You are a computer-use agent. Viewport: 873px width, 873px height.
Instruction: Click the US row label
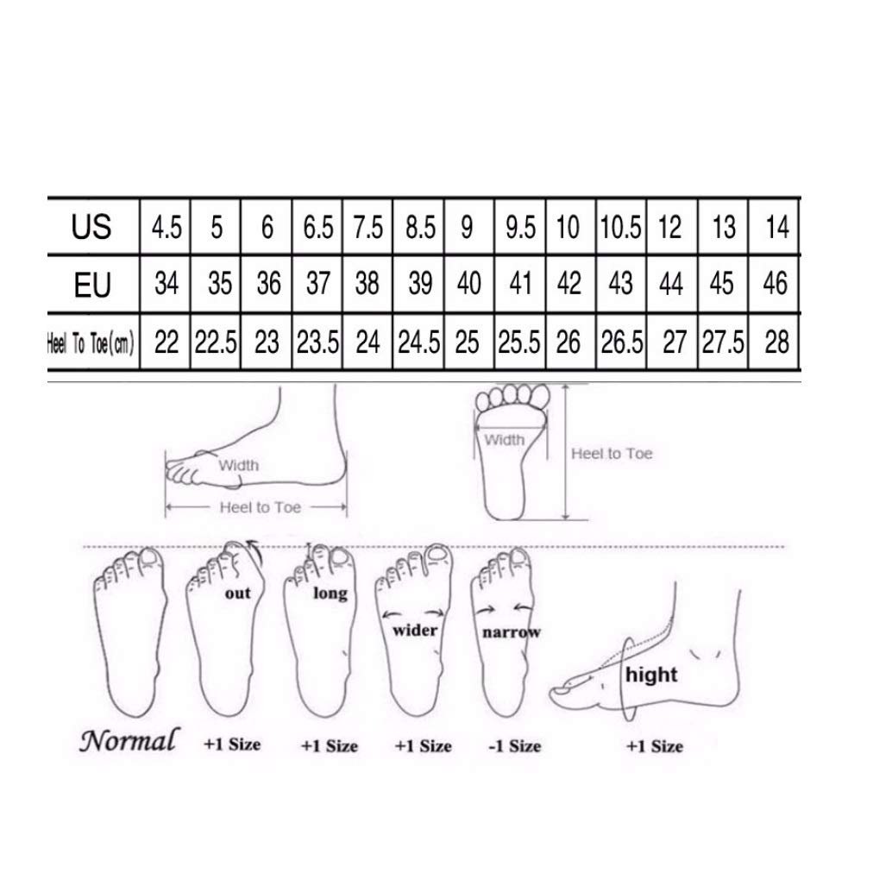[x=91, y=227]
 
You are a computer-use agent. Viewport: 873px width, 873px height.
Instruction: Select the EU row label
[x=92, y=285]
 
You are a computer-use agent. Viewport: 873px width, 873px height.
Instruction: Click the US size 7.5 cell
[x=368, y=228]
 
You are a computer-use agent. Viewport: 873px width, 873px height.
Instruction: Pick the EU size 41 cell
[x=520, y=284]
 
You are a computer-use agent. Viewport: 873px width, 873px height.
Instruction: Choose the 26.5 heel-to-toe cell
[x=622, y=342]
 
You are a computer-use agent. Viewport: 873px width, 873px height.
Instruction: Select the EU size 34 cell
[x=166, y=284]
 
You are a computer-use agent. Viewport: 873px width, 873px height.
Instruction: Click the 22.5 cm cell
[x=216, y=342]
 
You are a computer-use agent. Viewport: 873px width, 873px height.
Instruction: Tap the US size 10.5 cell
[x=621, y=228]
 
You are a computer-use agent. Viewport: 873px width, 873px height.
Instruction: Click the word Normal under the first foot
[x=129, y=741]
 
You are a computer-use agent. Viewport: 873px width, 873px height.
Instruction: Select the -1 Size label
[x=514, y=746]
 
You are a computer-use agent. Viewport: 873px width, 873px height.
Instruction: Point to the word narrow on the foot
[x=511, y=632]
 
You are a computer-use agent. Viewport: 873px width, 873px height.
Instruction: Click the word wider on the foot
[x=415, y=631]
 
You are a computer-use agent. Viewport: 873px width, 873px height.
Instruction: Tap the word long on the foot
[x=330, y=594]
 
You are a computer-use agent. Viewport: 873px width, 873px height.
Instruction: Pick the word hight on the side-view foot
[x=651, y=675]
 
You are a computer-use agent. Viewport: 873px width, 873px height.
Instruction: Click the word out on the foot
[x=238, y=594]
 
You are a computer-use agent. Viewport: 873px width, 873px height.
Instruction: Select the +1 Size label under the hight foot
[x=655, y=746]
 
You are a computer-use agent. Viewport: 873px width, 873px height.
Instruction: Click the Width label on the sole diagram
[x=505, y=440]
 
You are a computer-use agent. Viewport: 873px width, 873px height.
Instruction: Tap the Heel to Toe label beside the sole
[x=612, y=454]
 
